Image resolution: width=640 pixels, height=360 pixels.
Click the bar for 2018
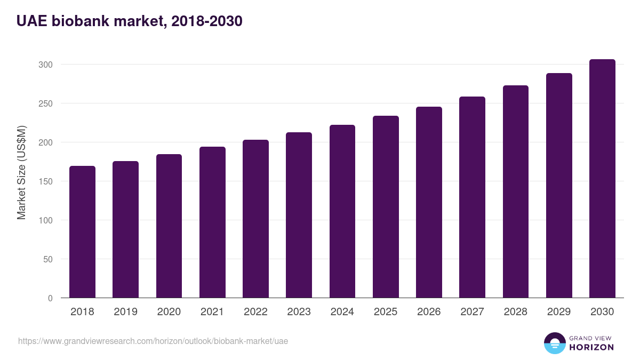[x=82, y=232]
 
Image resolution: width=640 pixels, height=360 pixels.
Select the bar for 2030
[x=602, y=179]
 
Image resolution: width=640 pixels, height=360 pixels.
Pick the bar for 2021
[x=212, y=222]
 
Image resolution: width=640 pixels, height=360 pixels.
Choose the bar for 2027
[x=472, y=197]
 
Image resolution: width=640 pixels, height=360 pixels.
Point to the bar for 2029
[x=559, y=186]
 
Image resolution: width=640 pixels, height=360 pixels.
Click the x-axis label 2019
[x=125, y=312]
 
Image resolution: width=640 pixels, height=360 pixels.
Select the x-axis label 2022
[x=255, y=312]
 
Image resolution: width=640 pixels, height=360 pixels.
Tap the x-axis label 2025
[x=386, y=312]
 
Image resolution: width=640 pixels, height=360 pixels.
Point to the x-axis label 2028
[x=515, y=312]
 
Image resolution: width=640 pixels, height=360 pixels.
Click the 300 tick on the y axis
[x=46, y=65]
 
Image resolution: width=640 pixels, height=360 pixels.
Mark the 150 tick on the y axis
[x=46, y=181]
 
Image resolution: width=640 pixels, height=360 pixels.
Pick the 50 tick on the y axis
[x=48, y=259]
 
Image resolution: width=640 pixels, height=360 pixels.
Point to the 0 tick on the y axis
[x=50, y=298]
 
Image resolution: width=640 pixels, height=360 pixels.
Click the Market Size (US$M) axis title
[x=21, y=173]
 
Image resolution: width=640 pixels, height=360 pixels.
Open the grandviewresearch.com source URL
[x=153, y=341]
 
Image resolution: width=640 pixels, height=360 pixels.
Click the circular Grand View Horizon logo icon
[x=554, y=343]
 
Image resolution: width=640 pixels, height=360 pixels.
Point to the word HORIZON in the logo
[x=591, y=347]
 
